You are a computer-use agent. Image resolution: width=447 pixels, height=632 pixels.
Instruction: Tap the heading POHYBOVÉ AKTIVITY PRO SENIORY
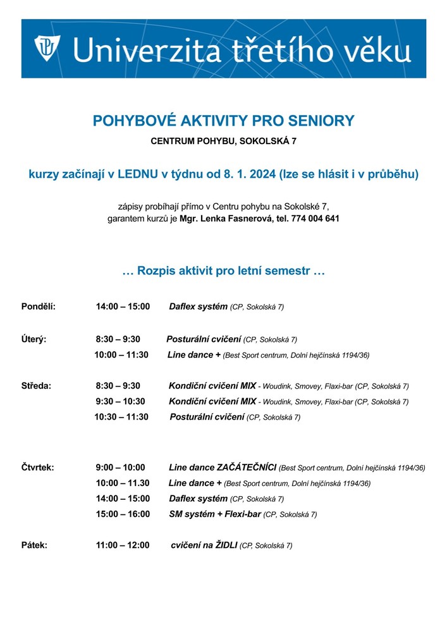tap(223, 121)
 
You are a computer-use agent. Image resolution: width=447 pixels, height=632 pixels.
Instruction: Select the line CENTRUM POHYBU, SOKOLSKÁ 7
tap(223, 142)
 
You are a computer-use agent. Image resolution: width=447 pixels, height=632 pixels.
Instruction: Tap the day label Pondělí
tap(39, 307)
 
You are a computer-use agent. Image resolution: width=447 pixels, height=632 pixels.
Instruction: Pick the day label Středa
tap(37, 385)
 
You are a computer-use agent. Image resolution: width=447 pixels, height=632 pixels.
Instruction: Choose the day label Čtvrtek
tap(38, 468)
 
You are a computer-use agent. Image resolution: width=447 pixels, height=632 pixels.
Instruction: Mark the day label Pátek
tap(34, 545)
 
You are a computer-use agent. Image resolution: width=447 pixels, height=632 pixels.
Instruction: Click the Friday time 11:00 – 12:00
tap(123, 545)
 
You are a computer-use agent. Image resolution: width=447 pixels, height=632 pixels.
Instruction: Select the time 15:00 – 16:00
tap(123, 514)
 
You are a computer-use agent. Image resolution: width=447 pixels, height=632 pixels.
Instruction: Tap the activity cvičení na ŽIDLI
tap(204, 545)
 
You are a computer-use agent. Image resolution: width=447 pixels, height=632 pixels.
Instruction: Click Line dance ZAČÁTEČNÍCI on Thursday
tap(223, 468)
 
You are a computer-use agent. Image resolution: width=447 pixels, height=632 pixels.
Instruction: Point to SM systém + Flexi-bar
tap(214, 514)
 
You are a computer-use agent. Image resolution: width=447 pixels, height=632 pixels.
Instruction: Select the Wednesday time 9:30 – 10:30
tap(120, 401)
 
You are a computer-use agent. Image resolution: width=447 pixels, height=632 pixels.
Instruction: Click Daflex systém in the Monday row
tap(198, 307)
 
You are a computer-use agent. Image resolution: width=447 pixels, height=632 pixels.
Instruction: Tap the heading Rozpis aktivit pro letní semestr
tap(223, 271)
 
